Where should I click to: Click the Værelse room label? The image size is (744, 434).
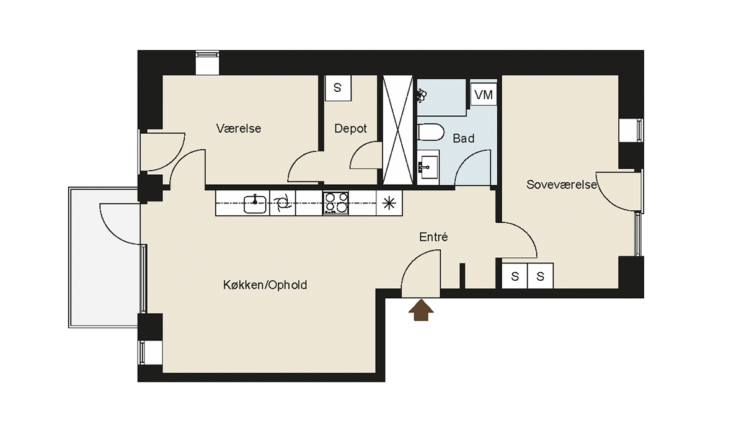[239, 128]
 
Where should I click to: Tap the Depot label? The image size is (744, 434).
[350, 128]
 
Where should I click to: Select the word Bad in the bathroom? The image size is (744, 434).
[463, 138]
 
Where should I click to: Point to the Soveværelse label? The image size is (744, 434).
[561, 185]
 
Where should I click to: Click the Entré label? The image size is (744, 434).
[433, 237]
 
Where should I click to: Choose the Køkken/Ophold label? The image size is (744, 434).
[265, 285]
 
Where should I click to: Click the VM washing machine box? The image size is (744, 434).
[484, 95]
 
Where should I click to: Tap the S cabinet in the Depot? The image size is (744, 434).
[338, 88]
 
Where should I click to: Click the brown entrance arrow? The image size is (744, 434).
[421, 310]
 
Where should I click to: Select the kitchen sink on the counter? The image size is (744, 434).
[255, 204]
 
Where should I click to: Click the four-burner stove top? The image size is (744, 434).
[335, 203]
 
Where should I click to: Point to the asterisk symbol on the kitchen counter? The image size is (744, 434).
[389, 203]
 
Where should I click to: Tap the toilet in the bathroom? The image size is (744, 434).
[430, 133]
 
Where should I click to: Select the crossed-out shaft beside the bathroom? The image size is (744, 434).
[398, 130]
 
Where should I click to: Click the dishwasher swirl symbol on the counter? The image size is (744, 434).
[283, 203]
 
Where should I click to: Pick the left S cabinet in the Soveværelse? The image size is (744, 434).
[515, 276]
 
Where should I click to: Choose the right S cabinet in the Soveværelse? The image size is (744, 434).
[541, 276]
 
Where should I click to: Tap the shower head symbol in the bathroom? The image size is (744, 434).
[422, 95]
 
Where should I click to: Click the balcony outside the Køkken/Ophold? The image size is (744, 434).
[104, 258]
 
